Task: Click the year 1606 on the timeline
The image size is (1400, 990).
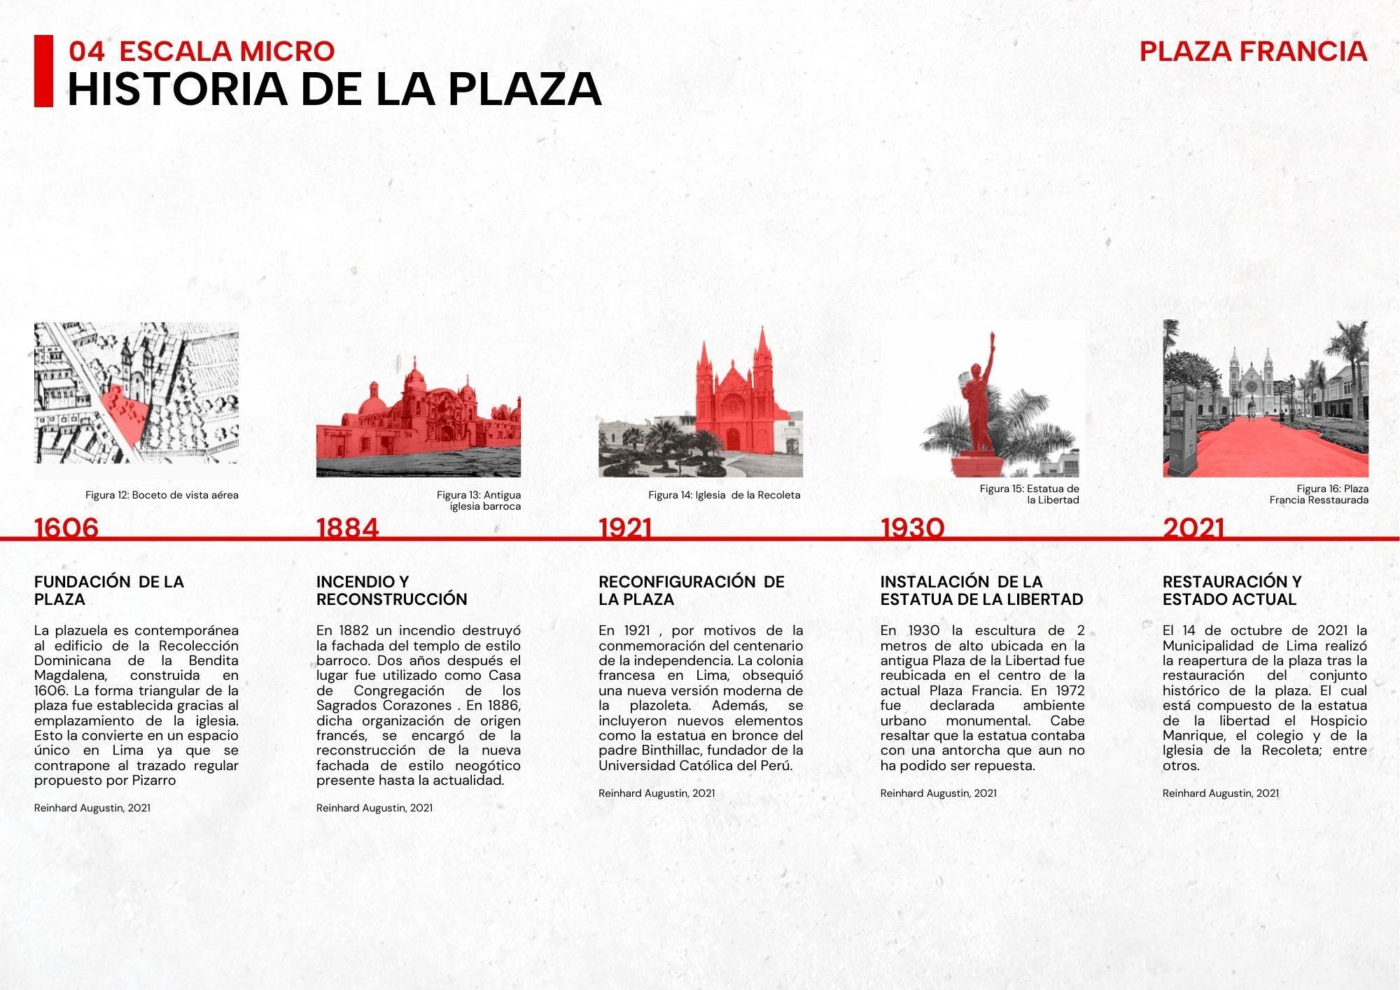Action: (x=66, y=527)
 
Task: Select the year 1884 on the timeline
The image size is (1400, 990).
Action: (x=347, y=527)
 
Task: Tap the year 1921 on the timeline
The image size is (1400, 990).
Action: (x=625, y=527)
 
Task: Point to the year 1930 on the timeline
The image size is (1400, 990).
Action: (x=912, y=527)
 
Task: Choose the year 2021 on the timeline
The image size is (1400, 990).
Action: (x=1193, y=527)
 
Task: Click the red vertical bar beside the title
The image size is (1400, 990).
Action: (x=43, y=71)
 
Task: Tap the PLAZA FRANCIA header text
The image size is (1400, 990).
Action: (x=1253, y=51)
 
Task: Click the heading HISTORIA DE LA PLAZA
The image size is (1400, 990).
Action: (x=335, y=89)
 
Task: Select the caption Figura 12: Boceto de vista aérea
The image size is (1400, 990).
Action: (x=162, y=495)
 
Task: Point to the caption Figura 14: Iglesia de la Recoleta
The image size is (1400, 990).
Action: (x=724, y=495)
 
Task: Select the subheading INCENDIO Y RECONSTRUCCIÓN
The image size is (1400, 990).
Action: (x=391, y=590)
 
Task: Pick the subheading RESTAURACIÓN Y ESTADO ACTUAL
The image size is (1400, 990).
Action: (x=1232, y=590)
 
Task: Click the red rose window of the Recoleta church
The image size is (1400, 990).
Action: (x=732, y=403)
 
